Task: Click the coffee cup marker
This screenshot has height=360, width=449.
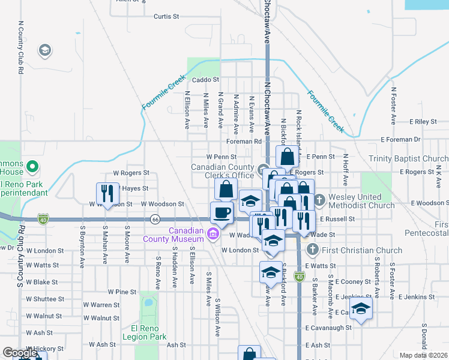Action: [x=221, y=213]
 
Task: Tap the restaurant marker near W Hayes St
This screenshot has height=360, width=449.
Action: [x=107, y=194]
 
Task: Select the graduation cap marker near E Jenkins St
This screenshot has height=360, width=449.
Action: [x=361, y=310]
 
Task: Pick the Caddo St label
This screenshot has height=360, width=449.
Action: [x=206, y=79]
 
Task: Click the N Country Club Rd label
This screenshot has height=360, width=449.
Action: [x=20, y=47]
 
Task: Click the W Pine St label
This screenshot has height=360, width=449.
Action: [x=122, y=292]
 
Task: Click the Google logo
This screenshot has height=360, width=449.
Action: [x=19, y=353]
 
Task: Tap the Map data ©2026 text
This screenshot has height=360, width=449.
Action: [x=424, y=355]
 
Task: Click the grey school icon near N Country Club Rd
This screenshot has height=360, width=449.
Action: [x=44, y=51]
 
